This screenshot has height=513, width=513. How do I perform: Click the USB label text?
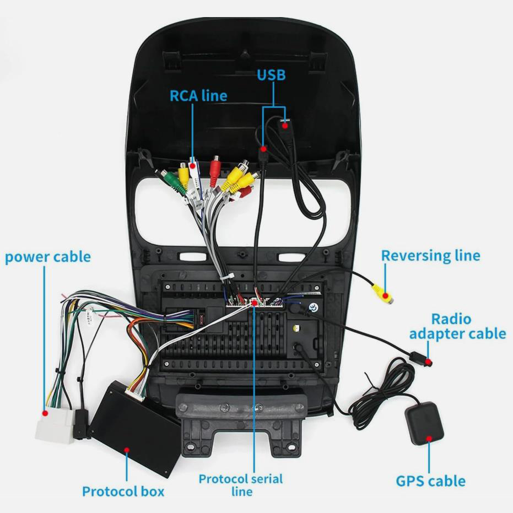click(x=272, y=74)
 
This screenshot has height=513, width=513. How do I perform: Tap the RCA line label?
click(x=198, y=95)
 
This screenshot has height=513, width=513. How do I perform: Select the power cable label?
click(x=48, y=257)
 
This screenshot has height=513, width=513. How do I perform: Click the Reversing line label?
click(x=430, y=256)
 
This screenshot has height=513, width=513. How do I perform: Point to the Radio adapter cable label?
click(x=457, y=326)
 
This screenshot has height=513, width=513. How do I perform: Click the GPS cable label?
click(x=430, y=481)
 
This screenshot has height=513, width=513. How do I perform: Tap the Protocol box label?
click(x=123, y=491)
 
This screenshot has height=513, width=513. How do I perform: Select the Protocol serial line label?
click(x=241, y=484)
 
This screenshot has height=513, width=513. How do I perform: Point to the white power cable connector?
click(x=53, y=425)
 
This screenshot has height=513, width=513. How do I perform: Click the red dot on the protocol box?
click(x=127, y=450)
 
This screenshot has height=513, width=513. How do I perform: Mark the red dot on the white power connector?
click(x=45, y=412)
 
